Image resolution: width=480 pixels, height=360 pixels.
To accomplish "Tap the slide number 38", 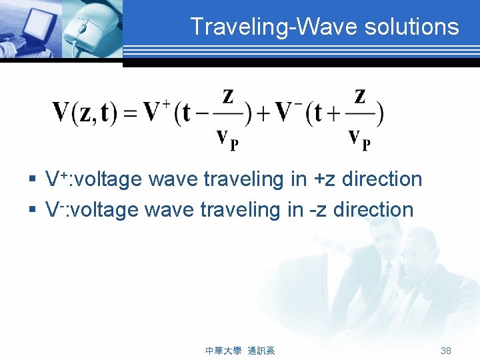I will (x=446, y=351).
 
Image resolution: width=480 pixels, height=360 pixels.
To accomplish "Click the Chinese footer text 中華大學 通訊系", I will (x=241, y=351).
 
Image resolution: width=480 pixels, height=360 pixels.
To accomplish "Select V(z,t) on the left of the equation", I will (x=84, y=113).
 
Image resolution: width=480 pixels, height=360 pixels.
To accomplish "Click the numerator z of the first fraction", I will (x=227, y=97).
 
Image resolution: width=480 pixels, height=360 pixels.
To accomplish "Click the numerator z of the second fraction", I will (x=360, y=97).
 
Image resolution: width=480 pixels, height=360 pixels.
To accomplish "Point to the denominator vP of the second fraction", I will (x=360, y=139).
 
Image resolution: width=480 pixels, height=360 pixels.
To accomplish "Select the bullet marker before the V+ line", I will (x=32, y=180).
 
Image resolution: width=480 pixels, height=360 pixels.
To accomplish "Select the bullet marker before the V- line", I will (x=32, y=211).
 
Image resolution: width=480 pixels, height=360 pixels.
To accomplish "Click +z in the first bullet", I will (x=315, y=180).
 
